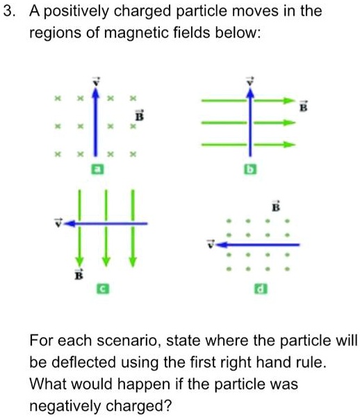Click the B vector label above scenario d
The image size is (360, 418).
[x=275, y=207]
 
